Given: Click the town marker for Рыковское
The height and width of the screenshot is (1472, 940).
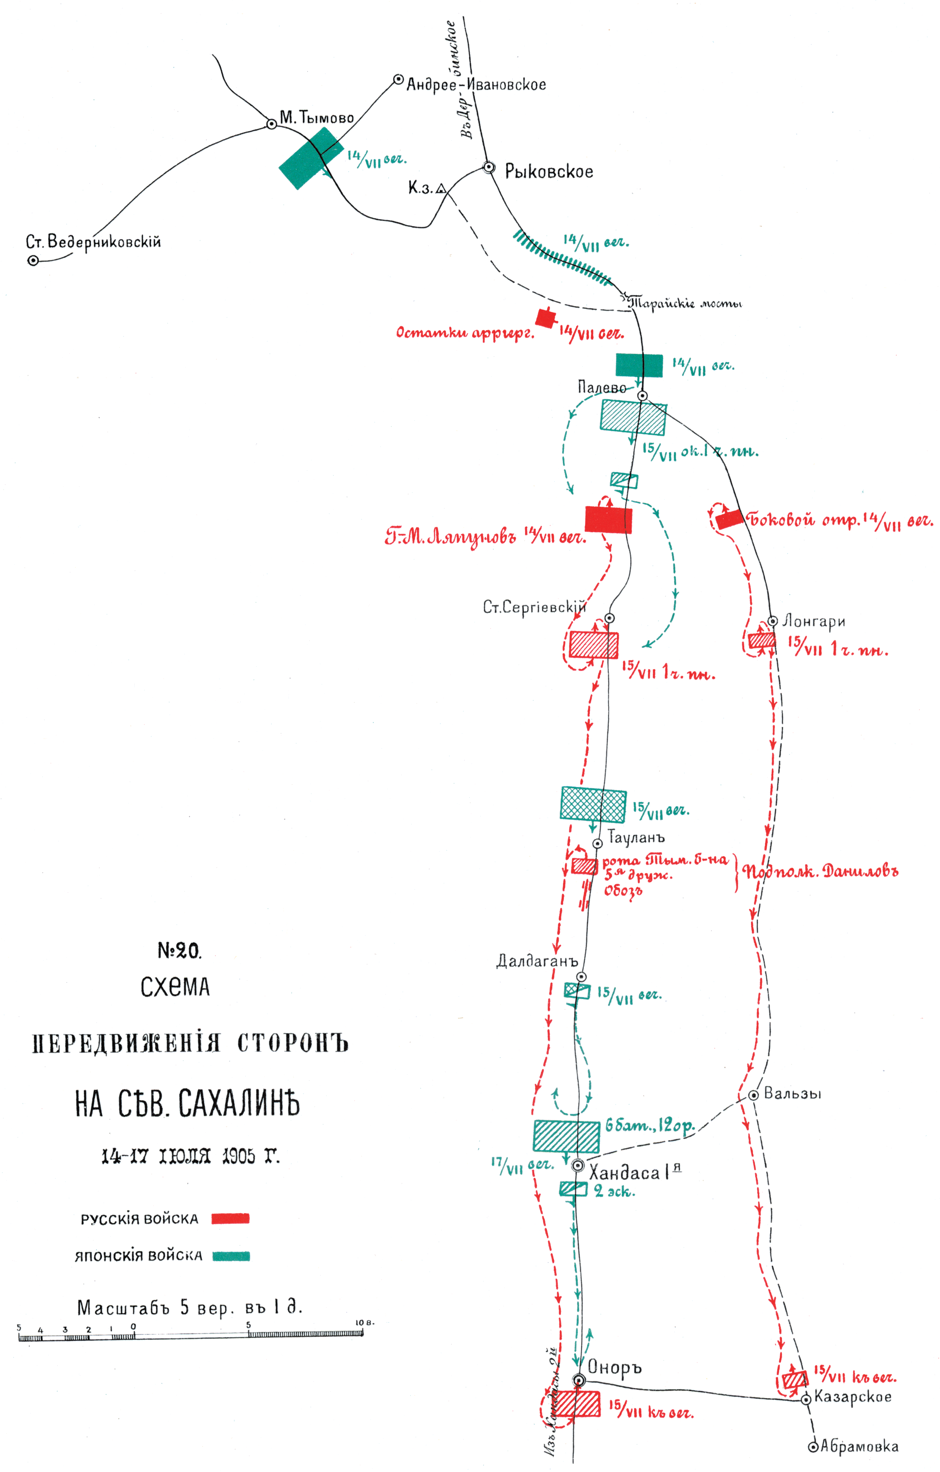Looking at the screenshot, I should point(489,167).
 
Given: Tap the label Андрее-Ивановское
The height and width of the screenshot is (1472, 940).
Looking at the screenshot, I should point(476,84).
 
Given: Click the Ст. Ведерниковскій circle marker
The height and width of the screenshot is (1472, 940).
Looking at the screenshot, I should point(34,261).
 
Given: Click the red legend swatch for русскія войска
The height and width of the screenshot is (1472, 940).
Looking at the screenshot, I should point(231,1218).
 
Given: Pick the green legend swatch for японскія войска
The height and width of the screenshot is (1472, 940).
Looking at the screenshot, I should point(231,1256).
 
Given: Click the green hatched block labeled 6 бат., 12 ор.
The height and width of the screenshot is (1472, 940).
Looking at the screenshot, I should point(566,1136).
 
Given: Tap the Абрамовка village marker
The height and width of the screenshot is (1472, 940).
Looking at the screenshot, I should point(813,1447).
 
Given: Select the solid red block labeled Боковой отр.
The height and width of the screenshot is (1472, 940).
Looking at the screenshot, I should point(730,520).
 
